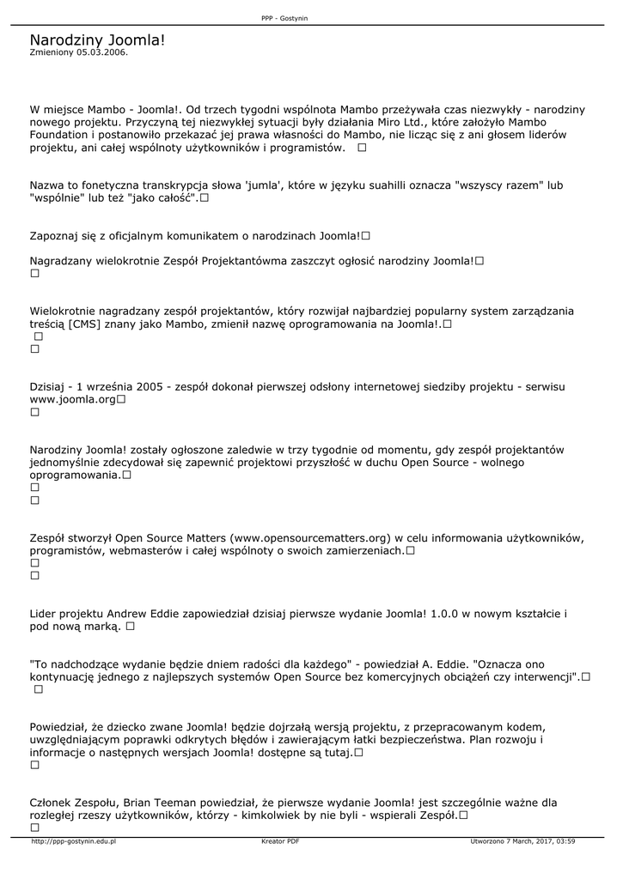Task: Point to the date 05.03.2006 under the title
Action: [x=101, y=52]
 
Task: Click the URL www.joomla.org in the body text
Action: [x=72, y=399]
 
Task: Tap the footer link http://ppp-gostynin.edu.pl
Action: [x=73, y=841]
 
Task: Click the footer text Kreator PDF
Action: [x=280, y=841]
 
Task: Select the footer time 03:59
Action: [x=565, y=841]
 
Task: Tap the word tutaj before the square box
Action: [x=335, y=752]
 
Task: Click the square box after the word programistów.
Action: [x=362, y=148]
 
